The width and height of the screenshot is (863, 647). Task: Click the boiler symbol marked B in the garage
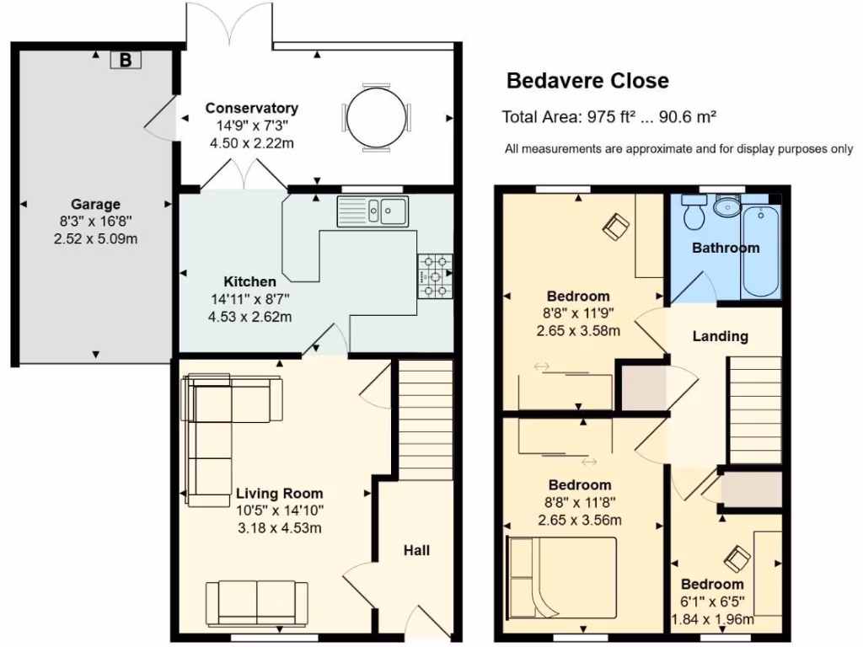click(x=126, y=60)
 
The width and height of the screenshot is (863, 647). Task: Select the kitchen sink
click(x=373, y=211)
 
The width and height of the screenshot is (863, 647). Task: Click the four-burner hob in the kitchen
click(x=435, y=275)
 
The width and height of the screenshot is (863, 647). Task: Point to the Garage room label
click(x=95, y=204)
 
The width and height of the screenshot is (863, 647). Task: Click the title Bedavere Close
click(x=587, y=81)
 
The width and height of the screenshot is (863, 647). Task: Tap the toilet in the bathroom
click(x=694, y=214)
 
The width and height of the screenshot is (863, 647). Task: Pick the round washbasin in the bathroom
click(x=726, y=206)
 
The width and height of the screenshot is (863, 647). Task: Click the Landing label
click(x=720, y=336)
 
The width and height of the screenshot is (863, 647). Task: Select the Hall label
click(x=416, y=550)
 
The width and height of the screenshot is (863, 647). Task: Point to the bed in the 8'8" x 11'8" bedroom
click(x=562, y=578)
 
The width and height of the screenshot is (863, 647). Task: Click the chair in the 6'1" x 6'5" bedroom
click(x=737, y=558)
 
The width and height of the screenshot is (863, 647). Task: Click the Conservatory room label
click(x=251, y=108)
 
